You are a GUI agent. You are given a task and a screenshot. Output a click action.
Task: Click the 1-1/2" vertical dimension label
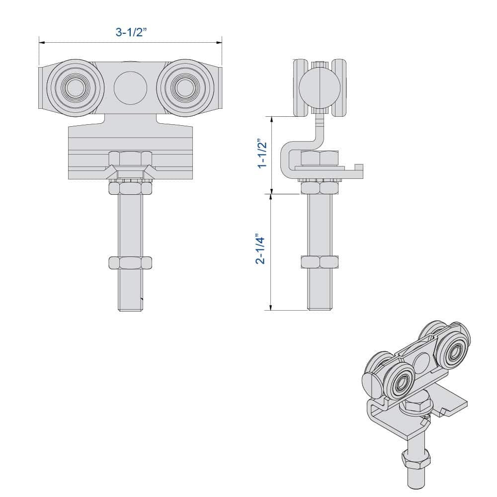pos(261,154)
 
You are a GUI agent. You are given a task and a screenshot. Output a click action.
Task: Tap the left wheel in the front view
pos(75,88)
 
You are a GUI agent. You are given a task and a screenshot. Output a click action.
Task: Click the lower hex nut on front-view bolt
pos(130,262)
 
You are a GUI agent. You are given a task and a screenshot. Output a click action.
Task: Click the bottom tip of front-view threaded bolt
pos(130,309)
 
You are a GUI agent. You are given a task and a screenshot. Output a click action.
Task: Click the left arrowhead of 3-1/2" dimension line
pos(41,43)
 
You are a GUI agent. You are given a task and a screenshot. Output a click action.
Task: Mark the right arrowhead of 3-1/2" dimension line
pos(220,43)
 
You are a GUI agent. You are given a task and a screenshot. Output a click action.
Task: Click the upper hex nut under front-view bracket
pos(130,188)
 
